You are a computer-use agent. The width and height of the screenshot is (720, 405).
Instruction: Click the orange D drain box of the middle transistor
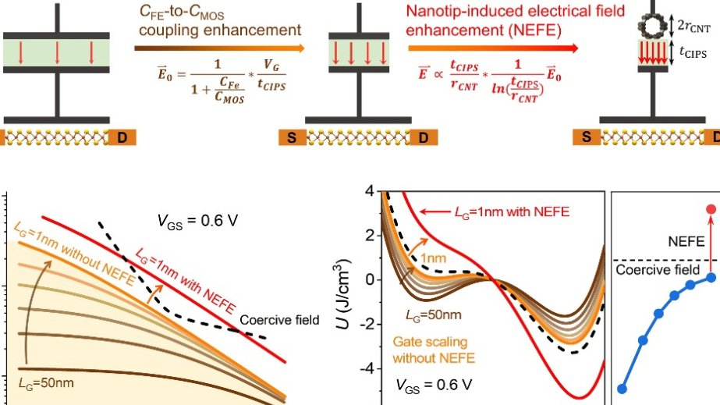pyautogui.click(x=424, y=138)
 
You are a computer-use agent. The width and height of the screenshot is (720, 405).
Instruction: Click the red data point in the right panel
pyautogui.click(x=711, y=209)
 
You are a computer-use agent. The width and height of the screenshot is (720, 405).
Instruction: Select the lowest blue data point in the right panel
pyautogui.click(x=622, y=388)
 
